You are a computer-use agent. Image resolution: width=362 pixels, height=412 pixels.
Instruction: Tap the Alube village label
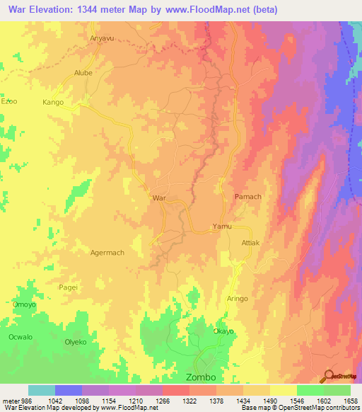83,73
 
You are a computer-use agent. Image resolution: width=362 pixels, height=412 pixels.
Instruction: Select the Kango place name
53,103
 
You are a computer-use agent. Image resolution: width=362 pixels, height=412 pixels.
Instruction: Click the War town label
159,198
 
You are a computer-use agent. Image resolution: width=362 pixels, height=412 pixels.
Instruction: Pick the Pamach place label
247,196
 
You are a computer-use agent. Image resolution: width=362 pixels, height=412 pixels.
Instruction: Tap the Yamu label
222,227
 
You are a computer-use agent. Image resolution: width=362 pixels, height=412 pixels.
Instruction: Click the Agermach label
107,253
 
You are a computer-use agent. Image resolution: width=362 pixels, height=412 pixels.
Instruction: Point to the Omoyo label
24,304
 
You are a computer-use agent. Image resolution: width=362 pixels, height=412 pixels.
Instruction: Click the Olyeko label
76,342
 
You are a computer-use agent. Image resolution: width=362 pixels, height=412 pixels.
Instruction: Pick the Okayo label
223,331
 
